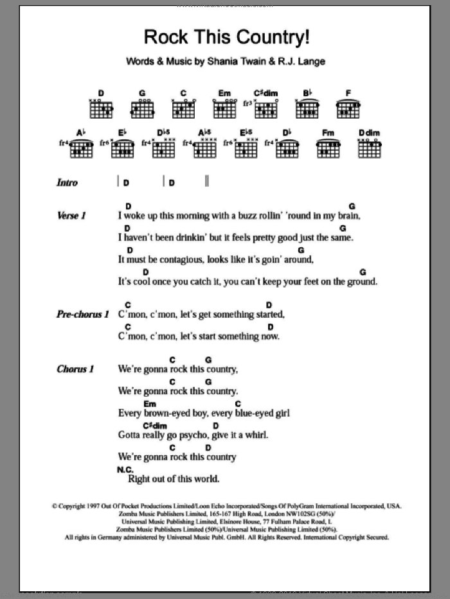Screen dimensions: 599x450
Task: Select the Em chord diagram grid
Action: (x=224, y=110)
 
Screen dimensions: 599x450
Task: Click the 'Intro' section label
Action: (x=67, y=183)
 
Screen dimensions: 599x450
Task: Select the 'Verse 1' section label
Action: (x=71, y=216)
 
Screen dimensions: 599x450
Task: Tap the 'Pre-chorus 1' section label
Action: (x=83, y=315)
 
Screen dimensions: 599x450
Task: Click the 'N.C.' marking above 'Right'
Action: (x=125, y=470)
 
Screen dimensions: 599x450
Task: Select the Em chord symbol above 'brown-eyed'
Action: (x=150, y=404)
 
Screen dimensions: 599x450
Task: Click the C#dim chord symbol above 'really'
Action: (x=155, y=426)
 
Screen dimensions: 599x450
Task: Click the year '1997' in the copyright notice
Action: (x=95, y=506)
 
